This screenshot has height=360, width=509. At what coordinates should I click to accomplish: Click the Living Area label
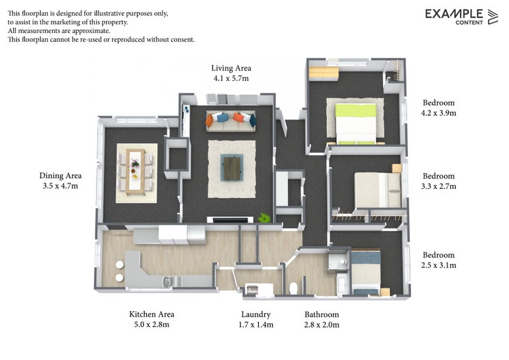[x=231, y=68]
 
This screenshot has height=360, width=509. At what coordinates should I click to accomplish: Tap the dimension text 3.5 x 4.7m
[x=60, y=186]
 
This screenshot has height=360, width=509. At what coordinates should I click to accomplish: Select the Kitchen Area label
[x=151, y=314]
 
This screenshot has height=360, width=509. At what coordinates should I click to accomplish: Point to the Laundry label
[x=256, y=315]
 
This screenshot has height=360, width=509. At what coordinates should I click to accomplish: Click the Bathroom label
[x=322, y=315]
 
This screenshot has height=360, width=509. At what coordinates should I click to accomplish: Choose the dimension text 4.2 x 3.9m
[x=438, y=113]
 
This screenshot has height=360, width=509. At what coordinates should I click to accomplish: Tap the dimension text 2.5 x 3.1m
[x=438, y=265]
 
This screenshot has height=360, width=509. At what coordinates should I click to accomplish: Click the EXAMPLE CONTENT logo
[x=461, y=17]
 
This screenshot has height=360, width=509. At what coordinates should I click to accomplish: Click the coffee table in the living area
[x=232, y=167]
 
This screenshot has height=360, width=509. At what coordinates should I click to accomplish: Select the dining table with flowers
[x=136, y=171]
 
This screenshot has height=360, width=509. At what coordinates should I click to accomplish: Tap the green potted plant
[x=264, y=218]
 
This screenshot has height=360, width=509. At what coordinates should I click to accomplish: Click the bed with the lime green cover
[x=356, y=123]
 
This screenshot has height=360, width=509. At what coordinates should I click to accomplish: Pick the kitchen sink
[x=168, y=282]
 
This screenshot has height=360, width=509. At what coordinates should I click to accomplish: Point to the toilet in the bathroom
[x=293, y=288]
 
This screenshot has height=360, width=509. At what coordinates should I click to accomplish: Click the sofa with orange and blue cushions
[x=231, y=121]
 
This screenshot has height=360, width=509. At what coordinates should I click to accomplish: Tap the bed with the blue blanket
[x=365, y=272]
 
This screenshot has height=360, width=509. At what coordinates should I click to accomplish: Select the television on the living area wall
[x=230, y=220]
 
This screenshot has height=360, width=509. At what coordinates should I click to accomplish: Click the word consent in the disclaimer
[x=183, y=39]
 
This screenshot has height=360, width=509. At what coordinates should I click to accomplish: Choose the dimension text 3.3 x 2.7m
[x=438, y=186]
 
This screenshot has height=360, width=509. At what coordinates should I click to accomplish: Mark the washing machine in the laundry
[x=251, y=289]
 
